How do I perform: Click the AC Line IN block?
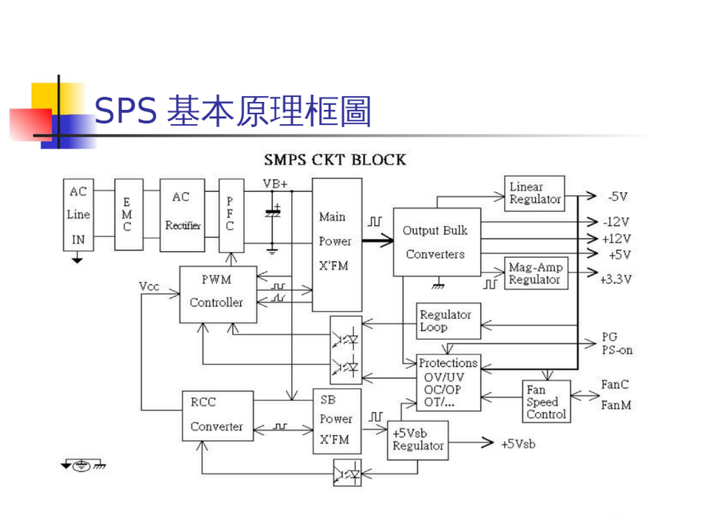(x=78, y=215)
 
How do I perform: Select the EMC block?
(x=128, y=215)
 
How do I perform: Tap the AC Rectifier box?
(x=182, y=215)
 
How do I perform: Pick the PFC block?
(x=231, y=215)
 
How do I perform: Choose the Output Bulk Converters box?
(x=436, y=242)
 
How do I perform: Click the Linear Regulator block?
(x=535, y=194)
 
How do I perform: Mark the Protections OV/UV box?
(x=449, y=383)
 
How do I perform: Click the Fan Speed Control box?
(x=547, y=402)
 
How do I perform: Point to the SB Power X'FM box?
(x=336, y=420)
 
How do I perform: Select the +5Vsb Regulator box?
(x=418, y=440)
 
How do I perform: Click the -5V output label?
(x=617, y=196)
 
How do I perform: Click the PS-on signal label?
(x=616, y=349)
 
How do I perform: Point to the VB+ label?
(x=275, y=183)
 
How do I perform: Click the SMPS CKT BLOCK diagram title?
(x=335, y=159)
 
